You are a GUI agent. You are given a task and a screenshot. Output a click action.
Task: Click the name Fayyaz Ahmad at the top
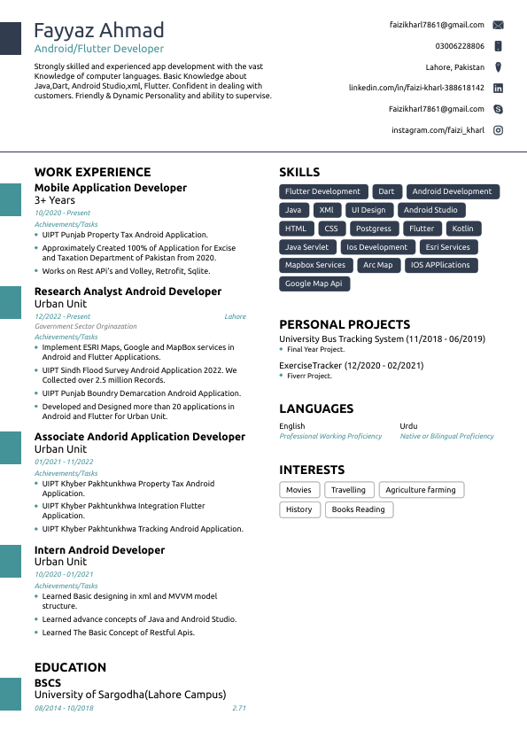[x=99, y=30]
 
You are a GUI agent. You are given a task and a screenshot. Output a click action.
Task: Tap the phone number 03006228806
[x=460, y=46]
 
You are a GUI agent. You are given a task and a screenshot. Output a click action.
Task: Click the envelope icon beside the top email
[x=499, y=25]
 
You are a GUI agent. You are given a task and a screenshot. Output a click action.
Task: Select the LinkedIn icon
[x=499, y=89]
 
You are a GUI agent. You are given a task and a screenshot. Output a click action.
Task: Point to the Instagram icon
[x=499, y=130]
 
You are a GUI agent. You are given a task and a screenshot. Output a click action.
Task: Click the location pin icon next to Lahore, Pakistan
[x=499, y=67]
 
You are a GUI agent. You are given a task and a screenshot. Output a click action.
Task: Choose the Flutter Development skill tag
[x=322, y=191]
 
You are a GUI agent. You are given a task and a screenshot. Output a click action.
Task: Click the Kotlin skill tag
[x=462, y=229]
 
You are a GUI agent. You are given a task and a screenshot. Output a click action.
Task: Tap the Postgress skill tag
[x=374, y=229]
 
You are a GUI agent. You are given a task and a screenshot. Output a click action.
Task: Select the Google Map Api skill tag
[x=314, y=284]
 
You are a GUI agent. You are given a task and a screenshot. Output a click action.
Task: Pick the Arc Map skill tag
[x=378, y=265]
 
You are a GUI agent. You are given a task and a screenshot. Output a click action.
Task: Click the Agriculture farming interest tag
[x=421, y=490]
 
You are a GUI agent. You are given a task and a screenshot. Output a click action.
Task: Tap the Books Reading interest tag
[x=358, y=509]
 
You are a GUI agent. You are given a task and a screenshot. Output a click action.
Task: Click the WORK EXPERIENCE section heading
[x=93, y=172]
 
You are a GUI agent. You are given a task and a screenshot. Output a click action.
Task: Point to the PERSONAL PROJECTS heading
[x=345, y=324]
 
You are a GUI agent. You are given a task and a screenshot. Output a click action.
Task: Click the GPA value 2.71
[x=239, y=708]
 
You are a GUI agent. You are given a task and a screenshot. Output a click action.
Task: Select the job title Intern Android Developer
[x=99, y=550]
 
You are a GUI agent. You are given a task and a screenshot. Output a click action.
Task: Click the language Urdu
[x=408, y=426]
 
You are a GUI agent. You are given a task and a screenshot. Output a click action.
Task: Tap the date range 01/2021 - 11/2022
[x=64, y=462]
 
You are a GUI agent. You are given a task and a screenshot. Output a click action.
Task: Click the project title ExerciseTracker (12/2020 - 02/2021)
[x=351, y=365]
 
